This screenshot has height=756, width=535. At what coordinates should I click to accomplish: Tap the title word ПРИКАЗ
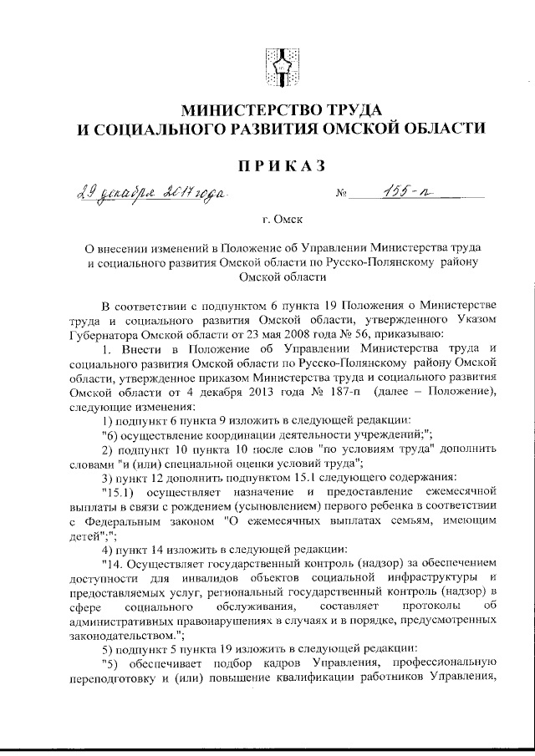point(278,166)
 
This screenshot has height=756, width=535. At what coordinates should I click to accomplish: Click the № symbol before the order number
point(341,198)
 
